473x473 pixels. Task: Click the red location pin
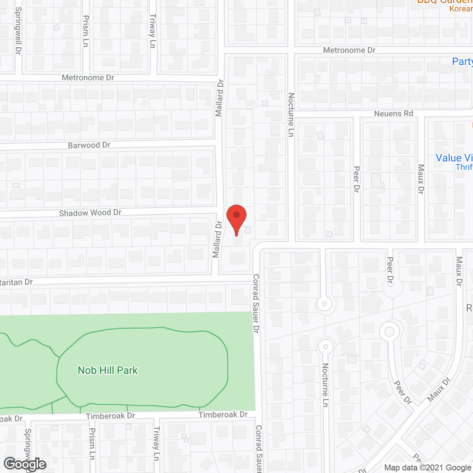pos(236,218)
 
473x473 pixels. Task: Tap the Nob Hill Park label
pos(108,370)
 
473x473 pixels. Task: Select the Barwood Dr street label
pos(89,145)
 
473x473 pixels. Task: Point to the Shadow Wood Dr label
pos(90,213)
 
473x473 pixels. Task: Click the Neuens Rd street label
pos(394,113)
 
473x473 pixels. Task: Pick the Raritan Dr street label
pos(16,282)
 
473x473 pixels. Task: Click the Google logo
pos(25,464)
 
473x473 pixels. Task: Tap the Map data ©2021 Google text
pos(428,468)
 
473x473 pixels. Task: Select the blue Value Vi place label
pos(454,158)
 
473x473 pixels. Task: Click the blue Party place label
pos(462,61)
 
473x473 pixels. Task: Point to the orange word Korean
pos(461,8)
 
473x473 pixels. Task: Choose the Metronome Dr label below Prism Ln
pos(88,78)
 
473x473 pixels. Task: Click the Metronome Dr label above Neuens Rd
pos(349,50)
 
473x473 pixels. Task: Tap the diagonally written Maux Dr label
pos(439,389)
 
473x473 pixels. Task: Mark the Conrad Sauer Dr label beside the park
pos(256,303)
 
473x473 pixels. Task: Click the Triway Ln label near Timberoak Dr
pos(157,443)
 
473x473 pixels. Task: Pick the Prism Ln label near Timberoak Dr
pos(92,444)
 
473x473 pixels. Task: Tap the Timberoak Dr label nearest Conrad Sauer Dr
pos(223,415)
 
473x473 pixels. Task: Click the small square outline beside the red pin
pos(248,230)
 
